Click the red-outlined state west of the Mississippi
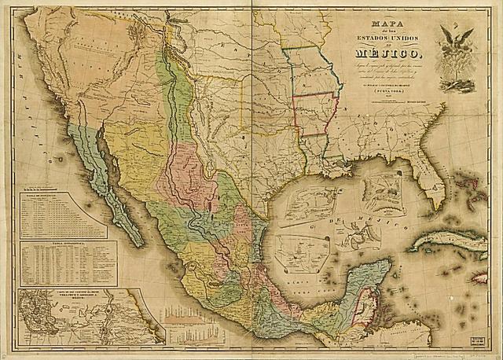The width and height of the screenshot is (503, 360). pyautogui.click(x=316, y=113)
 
